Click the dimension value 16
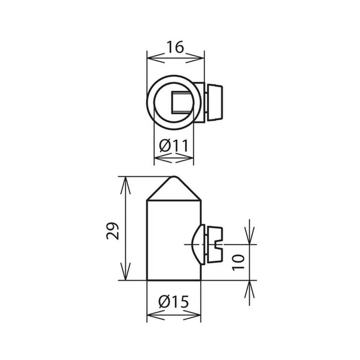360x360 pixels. [x=175, y=47]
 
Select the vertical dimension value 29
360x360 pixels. [x=113, y=231]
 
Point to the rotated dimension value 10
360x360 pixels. [x=238, y=262]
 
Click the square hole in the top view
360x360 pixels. [x=182, y=102]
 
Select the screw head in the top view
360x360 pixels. [x=215, y=103]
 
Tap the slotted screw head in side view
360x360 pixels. [x=215, y=245]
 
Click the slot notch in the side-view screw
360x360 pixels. [x=219, y=245]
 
